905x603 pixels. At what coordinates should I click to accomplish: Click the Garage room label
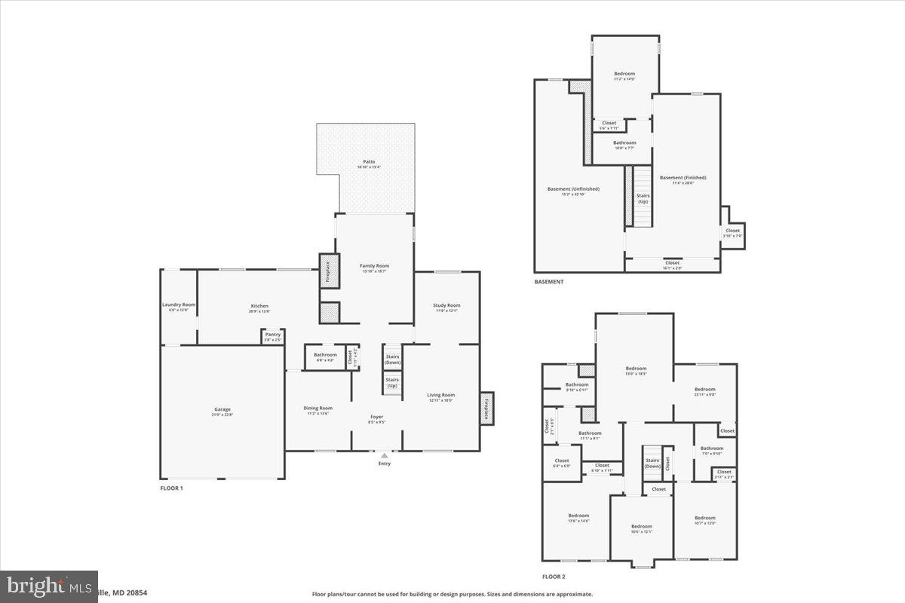click(x=222, y=410)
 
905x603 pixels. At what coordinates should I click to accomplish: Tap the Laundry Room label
click(x=179, y=305)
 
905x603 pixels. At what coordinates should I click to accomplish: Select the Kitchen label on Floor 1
click(x=259, y=307)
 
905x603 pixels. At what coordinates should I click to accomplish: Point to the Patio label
click(x=369, y=161)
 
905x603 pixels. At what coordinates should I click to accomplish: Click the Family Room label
click(x=374, y=266)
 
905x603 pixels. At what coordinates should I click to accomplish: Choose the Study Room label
click(x=446, y=305)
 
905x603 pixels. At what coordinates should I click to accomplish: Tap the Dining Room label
click(x=318, y=409)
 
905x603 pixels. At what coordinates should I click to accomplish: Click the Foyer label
click(x=377, y=417)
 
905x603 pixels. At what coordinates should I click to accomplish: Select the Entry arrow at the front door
click(x=385, y=455)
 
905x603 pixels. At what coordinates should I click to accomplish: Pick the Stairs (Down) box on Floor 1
click(x=392, y=359)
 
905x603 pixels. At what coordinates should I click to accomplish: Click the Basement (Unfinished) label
click(x=573, y=189)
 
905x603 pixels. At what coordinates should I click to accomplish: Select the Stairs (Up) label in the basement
click(x=643, y=198)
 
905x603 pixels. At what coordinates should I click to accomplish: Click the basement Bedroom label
click(x=624, y=74)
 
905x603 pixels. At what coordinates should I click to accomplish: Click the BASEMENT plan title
click(x=548, y=282)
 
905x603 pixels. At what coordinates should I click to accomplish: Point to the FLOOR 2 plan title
click(x=554, y=577)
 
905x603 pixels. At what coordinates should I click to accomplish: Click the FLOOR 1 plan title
click(x=171, y=488)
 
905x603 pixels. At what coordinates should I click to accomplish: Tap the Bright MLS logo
click(x=49, y=586)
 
